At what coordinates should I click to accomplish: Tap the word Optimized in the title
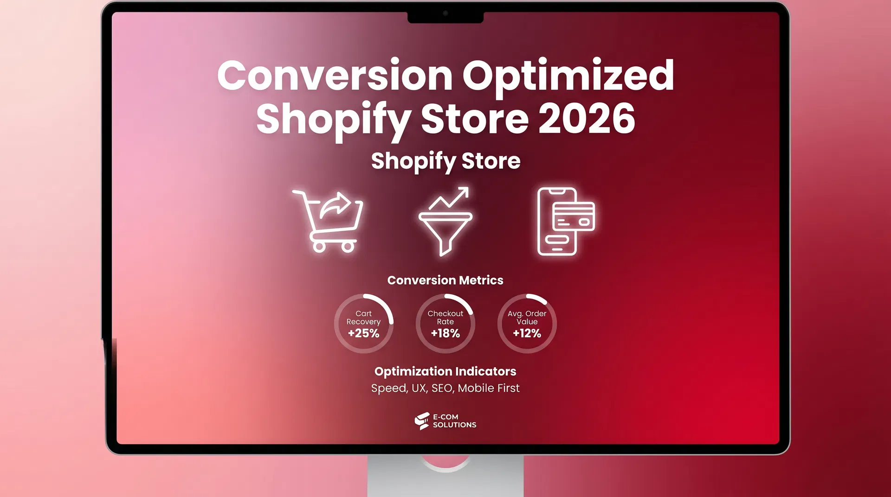coord(568,76)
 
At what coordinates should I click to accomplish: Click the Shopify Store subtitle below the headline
coord(445,161)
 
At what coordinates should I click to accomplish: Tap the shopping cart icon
coord(329,221)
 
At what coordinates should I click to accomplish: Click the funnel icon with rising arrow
coord(445,221)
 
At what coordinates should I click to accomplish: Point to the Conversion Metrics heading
coord(445,280)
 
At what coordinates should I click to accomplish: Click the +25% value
coord(364,333)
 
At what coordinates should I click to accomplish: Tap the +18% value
coord(445,333)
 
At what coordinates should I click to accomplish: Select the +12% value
coord(527,333)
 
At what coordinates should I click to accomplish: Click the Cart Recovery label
coord(364,318)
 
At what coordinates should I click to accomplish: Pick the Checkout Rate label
coord(445,318)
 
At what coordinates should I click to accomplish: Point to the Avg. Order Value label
coord(527,318)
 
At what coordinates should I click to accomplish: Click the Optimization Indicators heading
coord(445,371)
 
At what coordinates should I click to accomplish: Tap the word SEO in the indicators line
coord(442,388)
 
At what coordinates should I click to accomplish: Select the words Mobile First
coord(489,388)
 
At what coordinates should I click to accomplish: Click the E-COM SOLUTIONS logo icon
coord(422,421)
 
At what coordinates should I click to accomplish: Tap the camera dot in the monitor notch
coord(445,13)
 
